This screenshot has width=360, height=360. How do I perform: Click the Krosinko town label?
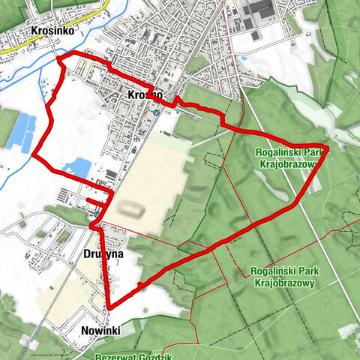pyautogui.click(x=50, y=31)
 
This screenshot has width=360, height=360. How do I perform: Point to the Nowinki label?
pyautogui.click(x=100, y=330)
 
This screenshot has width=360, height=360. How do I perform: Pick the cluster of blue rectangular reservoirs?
pyautogui.click(x=21, y=132)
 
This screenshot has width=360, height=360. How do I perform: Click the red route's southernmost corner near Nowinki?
pyautogui.click(x=109, y=307)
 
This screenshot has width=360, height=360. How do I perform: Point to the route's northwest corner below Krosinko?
pyautogui.click(x=58, y=58)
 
